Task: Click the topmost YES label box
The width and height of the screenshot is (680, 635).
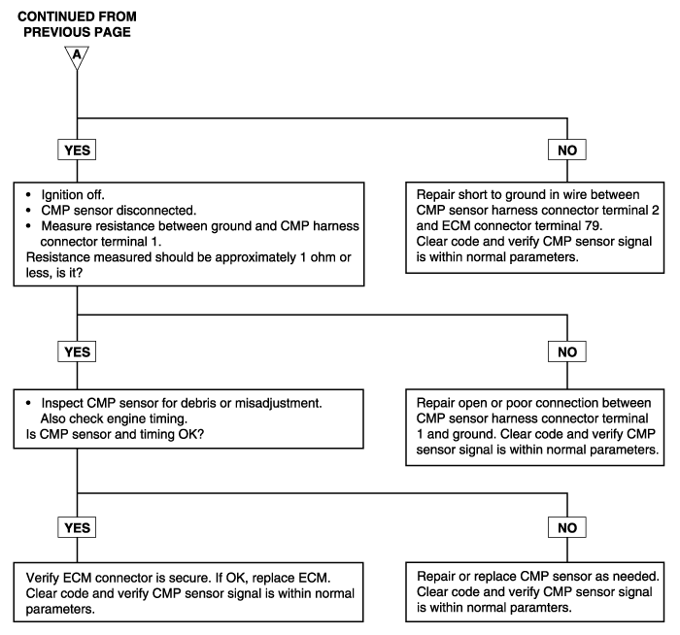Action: click(x=77, y=150)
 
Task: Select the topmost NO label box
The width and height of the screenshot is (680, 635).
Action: click(x=567, y=150)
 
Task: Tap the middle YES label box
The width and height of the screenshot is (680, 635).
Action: click(x=77, y=351)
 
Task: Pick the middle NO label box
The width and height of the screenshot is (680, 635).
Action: click(x=567, y=351)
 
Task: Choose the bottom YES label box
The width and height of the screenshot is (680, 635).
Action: click(x=77, y=527)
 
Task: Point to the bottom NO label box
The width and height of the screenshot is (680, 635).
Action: click(x=567, y=527)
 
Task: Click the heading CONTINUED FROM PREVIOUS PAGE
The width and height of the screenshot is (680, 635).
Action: click(x=77, y=24)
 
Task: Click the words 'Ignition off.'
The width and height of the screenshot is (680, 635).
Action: click(x=73, y=195)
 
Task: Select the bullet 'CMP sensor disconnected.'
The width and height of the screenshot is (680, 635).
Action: click(x=119, y=211)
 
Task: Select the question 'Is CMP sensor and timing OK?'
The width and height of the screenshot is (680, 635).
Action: click(x=115, y=434)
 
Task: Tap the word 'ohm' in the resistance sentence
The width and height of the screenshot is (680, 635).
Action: click(x=322, y=257)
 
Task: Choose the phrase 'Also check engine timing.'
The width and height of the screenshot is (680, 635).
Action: click(x=114, y=418)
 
